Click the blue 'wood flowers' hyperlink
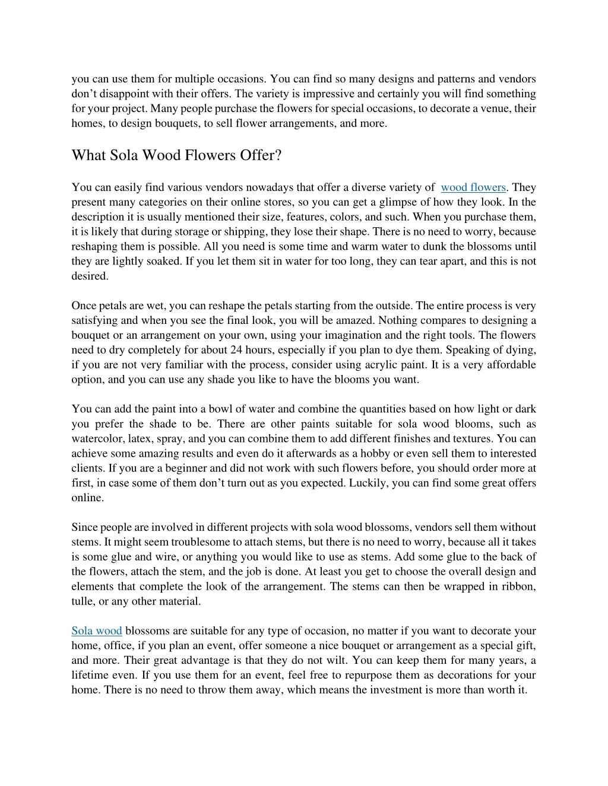click(473, 187)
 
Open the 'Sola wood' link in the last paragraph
click(97, 631)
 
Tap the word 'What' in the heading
click(88, 155)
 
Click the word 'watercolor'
click(97, 439)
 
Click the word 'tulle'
click(83, 602)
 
